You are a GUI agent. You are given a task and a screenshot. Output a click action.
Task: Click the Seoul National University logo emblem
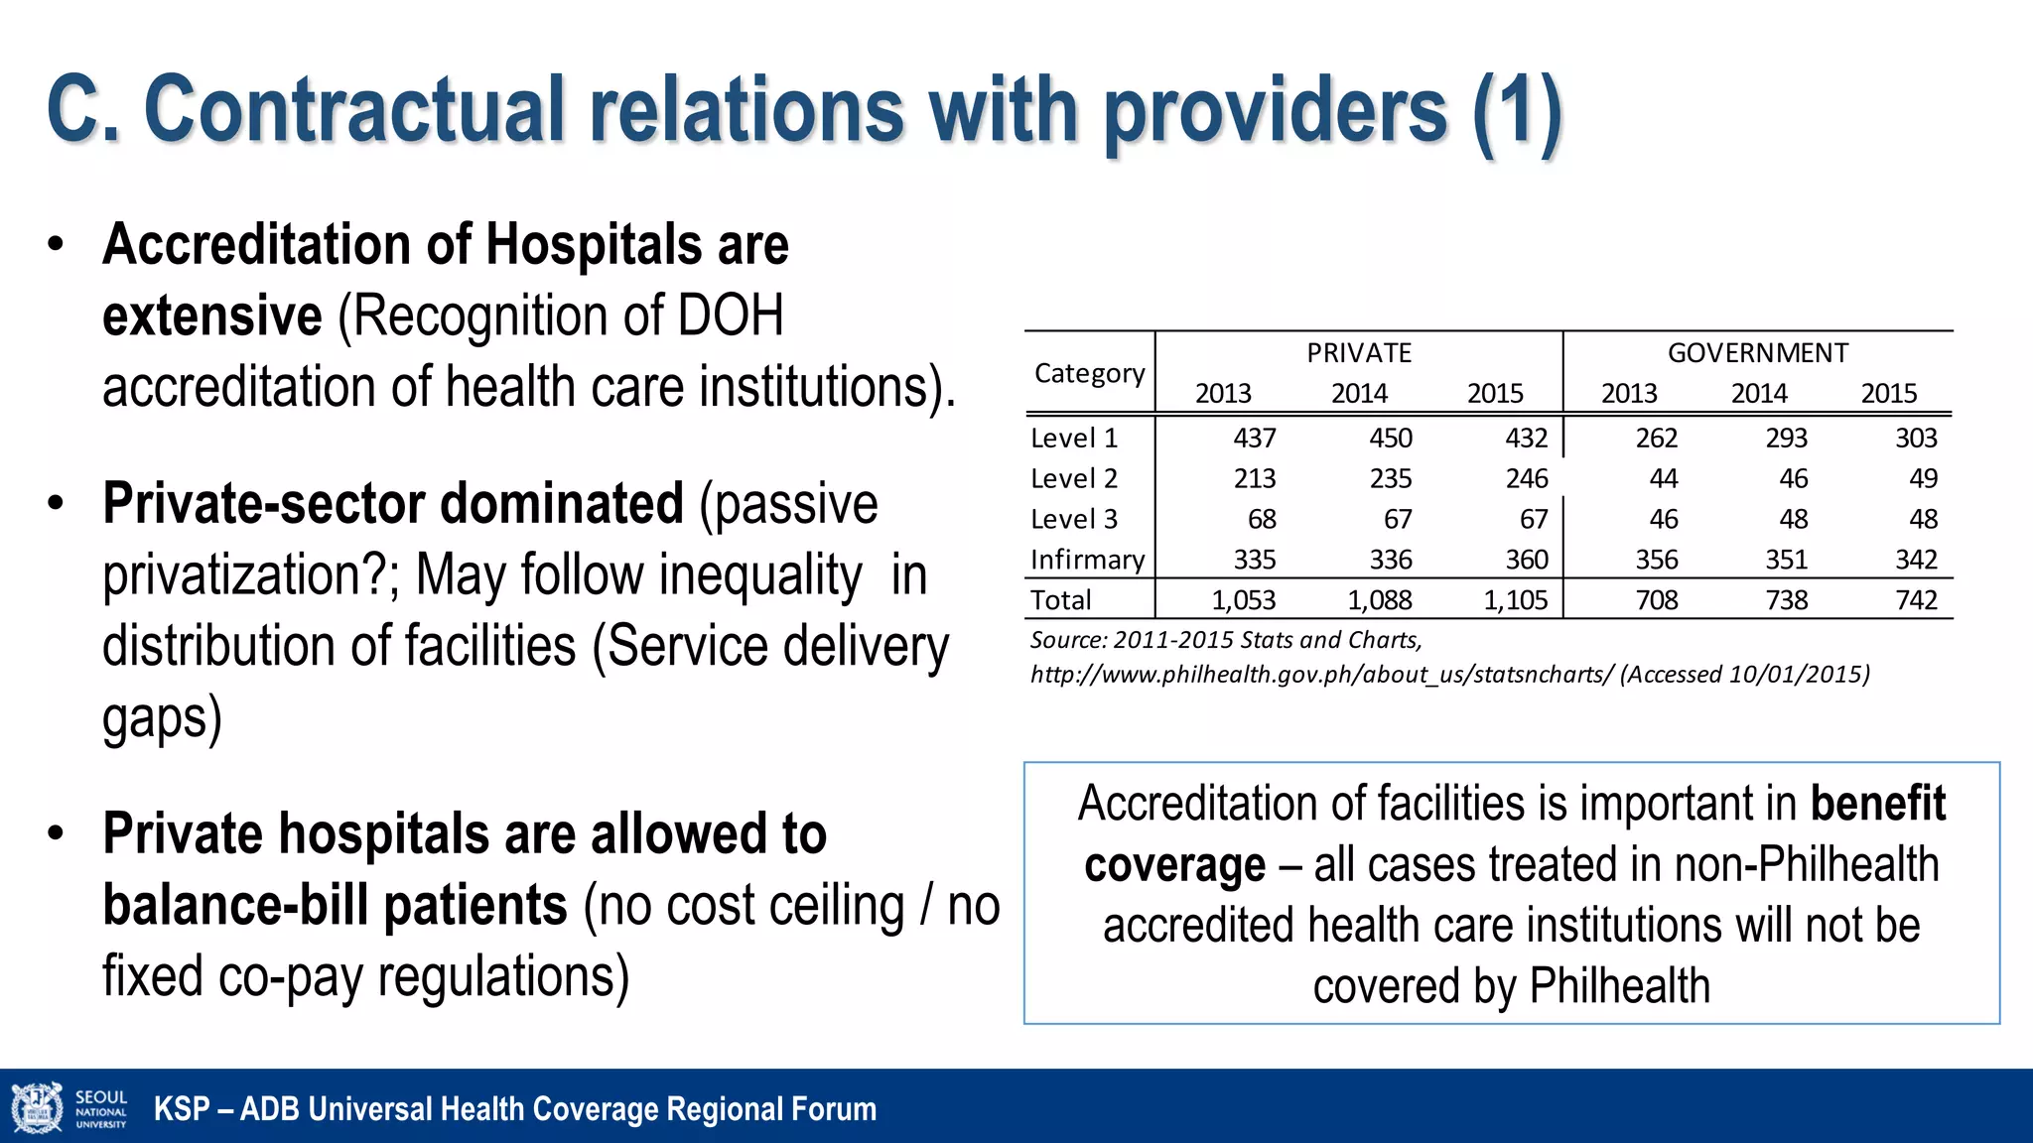[x=36, y=1107]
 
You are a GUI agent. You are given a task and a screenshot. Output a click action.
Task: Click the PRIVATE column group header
[x=1358, y=353]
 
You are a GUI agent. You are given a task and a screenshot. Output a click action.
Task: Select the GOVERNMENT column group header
[x=1757, y=353]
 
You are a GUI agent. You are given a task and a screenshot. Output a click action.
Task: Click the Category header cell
[x=1089, y=373]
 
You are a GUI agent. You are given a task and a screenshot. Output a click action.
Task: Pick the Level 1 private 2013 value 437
[x=1254, y=438]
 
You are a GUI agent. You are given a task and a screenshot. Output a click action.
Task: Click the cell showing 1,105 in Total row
[x=1515, y=600]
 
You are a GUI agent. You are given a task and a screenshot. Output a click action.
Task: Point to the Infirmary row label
[x=1087, y=560]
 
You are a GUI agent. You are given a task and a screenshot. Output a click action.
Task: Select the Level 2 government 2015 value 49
[x=1923, y=478]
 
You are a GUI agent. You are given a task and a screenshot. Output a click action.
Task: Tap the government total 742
[x=1916, y=600]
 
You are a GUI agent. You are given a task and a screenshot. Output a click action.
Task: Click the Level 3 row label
[x=1073, y=519]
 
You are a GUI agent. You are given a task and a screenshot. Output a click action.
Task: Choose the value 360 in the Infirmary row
[x=1526, y=560]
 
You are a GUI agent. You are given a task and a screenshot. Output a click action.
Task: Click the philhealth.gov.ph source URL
[x=1322, y=675]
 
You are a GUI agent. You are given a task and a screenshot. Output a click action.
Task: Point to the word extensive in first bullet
[x=211, y=316]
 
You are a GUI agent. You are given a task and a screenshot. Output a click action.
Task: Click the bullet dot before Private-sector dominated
[x=56, y=502]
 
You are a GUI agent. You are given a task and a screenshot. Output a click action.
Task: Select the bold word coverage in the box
[x=1174, y=865]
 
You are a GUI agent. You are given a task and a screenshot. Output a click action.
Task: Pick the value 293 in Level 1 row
[x=1786, y=438]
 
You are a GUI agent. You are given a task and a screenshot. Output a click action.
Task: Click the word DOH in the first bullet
[x=731, y=316]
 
